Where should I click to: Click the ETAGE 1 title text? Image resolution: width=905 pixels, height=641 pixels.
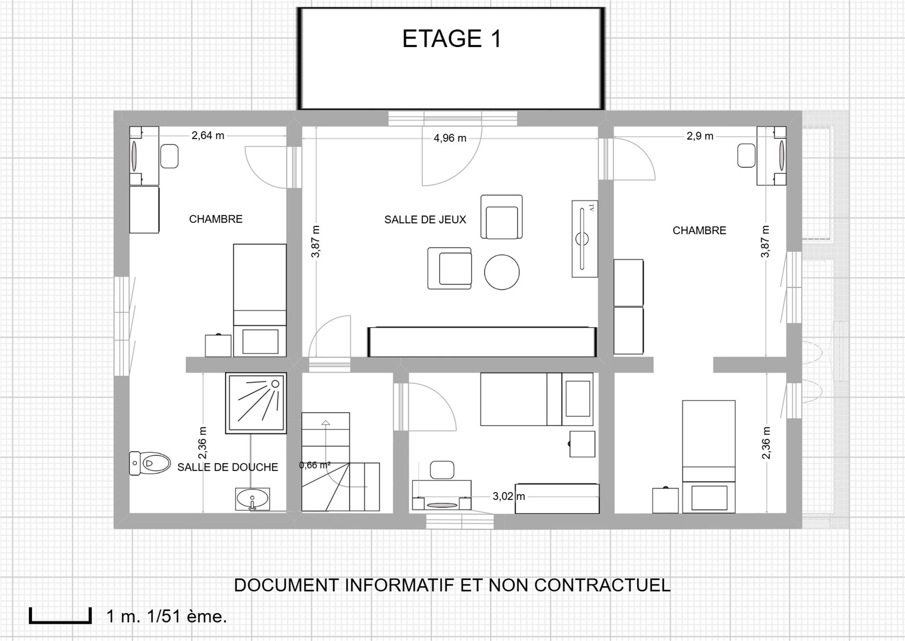452,39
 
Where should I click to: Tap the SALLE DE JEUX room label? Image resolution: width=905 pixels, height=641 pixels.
425,220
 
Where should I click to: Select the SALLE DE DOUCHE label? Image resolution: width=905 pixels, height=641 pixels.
228,467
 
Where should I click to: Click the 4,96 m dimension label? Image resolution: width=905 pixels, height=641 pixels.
450,138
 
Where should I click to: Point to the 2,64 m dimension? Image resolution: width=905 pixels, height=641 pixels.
208,135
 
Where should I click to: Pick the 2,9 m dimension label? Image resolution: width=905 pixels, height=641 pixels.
700,136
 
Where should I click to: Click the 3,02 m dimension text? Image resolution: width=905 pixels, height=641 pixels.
509,496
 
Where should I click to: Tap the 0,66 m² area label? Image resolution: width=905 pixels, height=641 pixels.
315,465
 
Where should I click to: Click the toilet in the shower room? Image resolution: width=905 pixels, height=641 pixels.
149,463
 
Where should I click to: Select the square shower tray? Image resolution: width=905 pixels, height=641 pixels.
256,403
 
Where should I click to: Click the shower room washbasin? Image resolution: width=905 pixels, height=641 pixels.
252,499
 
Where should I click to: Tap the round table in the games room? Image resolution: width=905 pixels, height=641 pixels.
502,272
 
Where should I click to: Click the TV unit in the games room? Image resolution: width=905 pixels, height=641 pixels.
585,239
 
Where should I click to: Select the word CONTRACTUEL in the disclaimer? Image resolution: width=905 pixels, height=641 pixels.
602,585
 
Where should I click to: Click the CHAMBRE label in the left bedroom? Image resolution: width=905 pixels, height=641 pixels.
216,219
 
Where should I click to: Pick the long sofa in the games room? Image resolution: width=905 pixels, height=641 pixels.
482,342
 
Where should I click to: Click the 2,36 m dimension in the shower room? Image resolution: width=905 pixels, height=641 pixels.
202,443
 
